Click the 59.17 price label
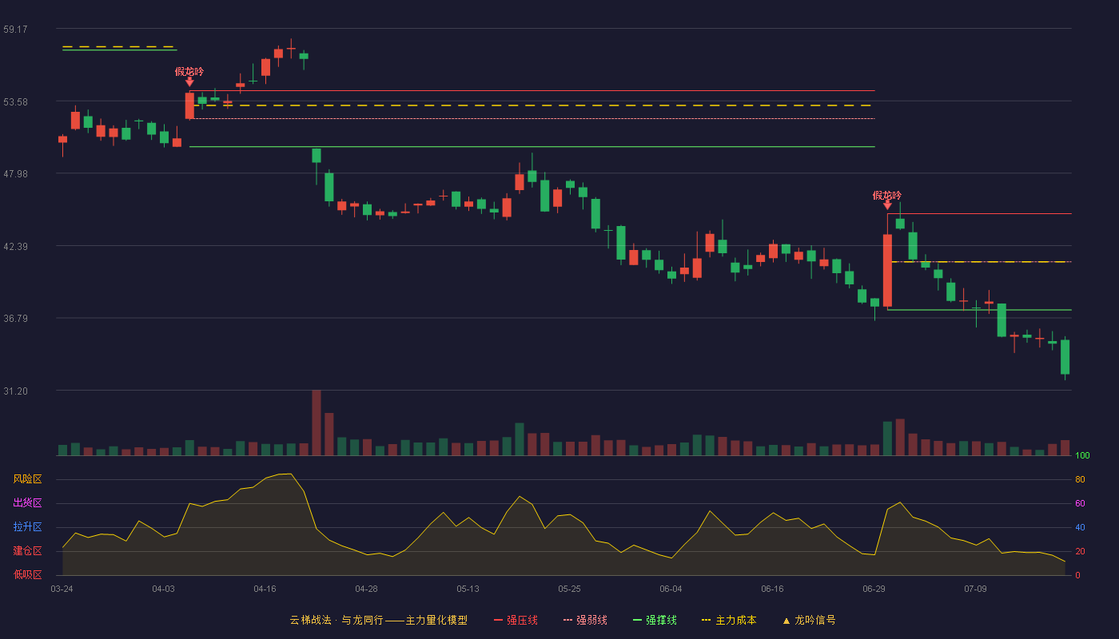tap(15, 30)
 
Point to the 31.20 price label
tap(15, 391)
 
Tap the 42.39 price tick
tap(15, 247)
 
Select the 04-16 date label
tap(265, 589)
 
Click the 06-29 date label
tap(874, 589)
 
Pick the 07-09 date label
tap(975, 589)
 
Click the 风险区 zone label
tap(27, 479)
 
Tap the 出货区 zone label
tap(27, 502)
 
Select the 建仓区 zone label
tap(27, 550)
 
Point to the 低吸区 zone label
tap(27, 574)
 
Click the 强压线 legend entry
tap(516, 620)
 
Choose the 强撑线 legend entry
tap(655, 620)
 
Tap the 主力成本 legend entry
tap(729, 620)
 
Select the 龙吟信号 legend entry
tap(809, 620)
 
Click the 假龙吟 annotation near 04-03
tap(189, 72)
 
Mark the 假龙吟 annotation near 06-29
tap(886, 195)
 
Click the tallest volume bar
tap(317, 423)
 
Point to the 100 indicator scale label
tap(1082, 455)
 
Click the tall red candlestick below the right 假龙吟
tap(887, 270)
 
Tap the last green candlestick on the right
tap(1065, 357)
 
